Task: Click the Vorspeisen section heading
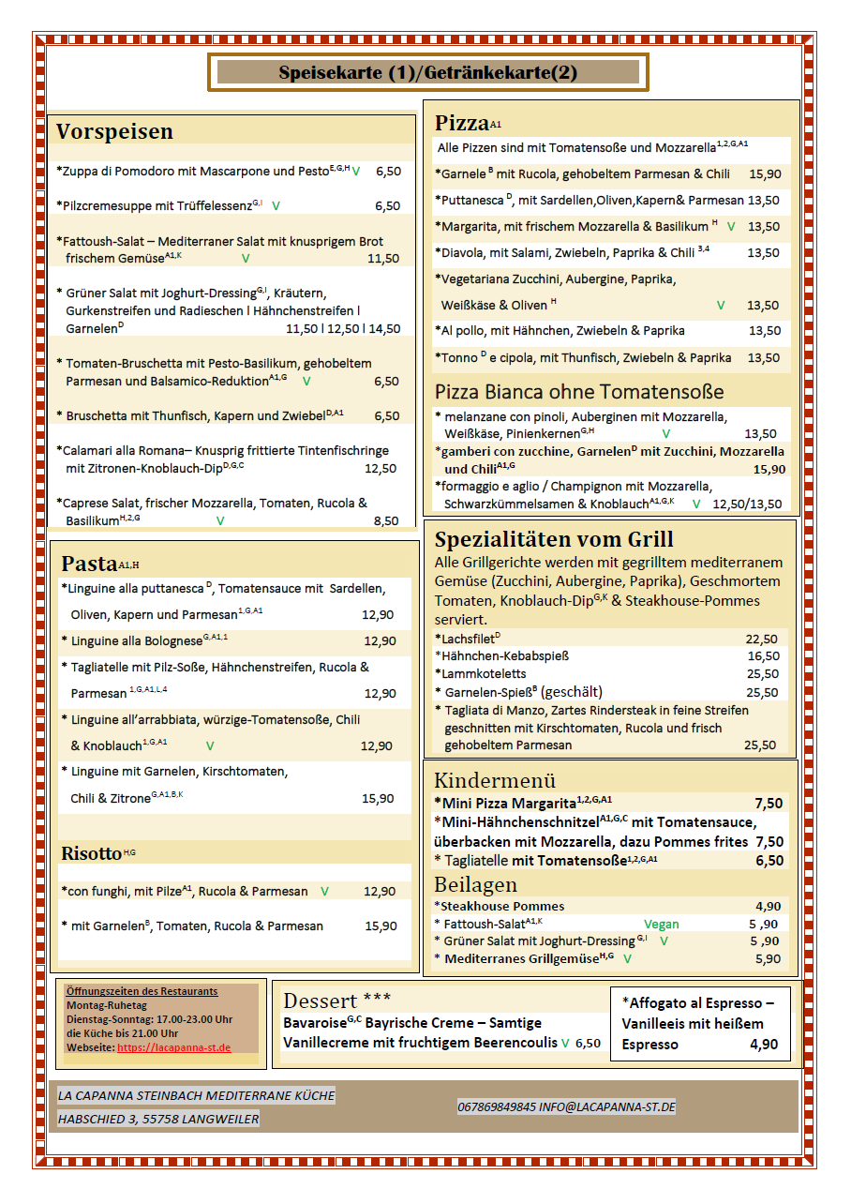[x=114, y=132]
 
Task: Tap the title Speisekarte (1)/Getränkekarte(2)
[x=427, y=73]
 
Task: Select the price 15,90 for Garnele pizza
[x=765, y=173]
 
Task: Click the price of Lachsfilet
[x=761, y=639]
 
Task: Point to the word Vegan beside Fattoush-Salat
[x=662, y=924]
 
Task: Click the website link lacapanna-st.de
[x=173, y=1046]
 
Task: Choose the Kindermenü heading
[x=495, y=780]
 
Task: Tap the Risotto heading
[x=92, y=853]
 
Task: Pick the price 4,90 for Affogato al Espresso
[x=764, y=1044]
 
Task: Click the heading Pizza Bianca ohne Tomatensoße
[x=578, y=391]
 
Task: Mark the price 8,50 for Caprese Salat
[x=386, y=520]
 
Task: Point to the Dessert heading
[x=321, y=1001]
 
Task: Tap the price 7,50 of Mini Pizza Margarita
[x=768, y=803]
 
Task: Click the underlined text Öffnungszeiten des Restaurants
[x=142, y=991]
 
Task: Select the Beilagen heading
[x=475, y=884]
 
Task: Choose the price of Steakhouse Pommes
[x=768, y=906]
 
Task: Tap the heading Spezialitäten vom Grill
[x=554, y=540]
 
